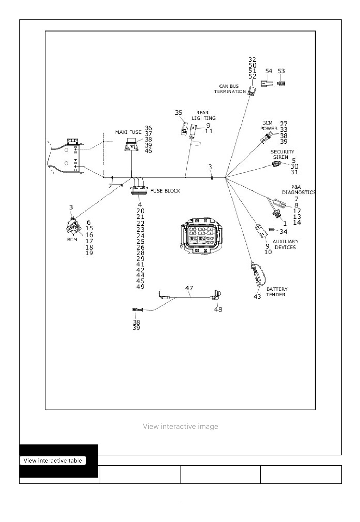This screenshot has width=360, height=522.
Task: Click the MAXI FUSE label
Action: point(128,132)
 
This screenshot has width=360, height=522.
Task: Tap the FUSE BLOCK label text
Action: point(165,191)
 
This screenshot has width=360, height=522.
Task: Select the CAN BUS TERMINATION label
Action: point(230,89)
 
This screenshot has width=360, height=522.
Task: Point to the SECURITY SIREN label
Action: point(282,154)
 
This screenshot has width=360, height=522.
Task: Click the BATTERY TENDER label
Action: point(277,292)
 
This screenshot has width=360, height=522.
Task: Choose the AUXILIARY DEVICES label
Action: point(285,244)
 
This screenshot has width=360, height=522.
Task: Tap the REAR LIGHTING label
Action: point(204,115)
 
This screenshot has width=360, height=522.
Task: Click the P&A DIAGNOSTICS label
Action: point(299,190)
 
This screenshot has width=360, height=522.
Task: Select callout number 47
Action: point(189,288)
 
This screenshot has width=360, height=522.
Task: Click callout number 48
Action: point(218,309)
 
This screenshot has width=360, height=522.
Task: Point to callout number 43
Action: point(257,296)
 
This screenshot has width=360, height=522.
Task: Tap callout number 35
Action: point(179,113)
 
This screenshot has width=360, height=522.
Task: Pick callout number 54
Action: point(269,71)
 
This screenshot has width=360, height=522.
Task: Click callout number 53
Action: point(281,71)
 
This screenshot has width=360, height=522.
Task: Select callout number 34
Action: point(283,232)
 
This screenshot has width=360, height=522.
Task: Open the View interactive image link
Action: point(180,427)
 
